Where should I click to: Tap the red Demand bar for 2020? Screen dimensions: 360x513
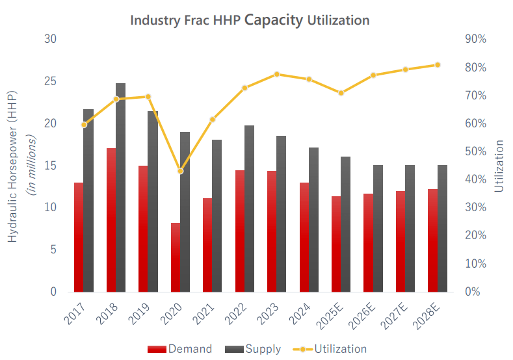click(176, 257)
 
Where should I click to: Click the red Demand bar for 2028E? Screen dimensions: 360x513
click(432, 240)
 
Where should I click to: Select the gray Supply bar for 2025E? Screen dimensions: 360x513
click(346, 224)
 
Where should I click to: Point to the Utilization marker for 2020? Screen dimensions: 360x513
click(181, 171)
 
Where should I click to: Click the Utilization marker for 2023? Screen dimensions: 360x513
click(277, 74)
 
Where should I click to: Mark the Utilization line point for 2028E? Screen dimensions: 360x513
click(438, 65)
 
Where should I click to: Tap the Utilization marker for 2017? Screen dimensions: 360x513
click(84, 125)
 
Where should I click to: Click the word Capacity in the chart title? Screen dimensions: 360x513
click(273, 19)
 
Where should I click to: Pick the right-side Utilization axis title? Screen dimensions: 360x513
click(499, 166)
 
